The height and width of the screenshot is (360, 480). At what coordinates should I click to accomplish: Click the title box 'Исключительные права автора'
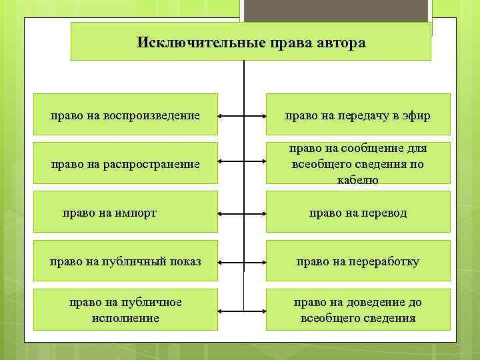click(251, 41)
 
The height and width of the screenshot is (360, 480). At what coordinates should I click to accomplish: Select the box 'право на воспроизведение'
click(125, 115)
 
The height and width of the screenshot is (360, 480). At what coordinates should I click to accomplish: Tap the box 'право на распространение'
click(125, 163)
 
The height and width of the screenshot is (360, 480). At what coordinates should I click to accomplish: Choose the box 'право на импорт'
click(125, 213)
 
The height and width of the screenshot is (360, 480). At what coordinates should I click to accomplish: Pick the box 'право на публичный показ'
click(125, 261)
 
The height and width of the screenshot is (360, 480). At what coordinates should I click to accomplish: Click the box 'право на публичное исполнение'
click(125, 310)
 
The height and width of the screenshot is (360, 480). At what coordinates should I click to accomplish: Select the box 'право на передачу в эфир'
click(358, 115)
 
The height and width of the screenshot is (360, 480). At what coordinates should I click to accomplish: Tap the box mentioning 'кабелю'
click(358, 163)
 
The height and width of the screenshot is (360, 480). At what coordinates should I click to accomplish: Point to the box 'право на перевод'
click(358, 213)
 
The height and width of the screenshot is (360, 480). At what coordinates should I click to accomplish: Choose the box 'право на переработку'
click(358, 261)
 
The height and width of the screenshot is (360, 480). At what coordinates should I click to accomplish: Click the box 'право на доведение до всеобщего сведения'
click(358, 310)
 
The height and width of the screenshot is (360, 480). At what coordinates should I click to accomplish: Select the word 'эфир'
click(417, 116)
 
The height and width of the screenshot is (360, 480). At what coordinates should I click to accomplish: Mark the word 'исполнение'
click(125, 318)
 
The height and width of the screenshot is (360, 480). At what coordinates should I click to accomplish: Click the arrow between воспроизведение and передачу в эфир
click(242, 116)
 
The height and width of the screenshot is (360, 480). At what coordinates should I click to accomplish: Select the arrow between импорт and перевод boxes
click(242, 213)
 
